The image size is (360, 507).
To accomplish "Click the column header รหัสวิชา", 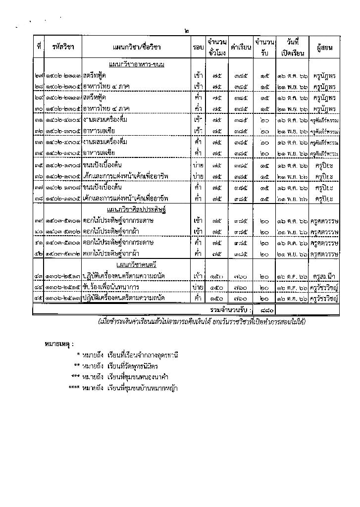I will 63,47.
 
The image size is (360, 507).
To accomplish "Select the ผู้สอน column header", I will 324,47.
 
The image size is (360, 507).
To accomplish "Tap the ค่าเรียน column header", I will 241,47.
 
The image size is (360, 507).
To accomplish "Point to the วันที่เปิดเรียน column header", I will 293,47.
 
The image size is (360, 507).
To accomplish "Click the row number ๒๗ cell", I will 39,76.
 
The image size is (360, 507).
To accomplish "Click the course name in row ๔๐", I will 113,231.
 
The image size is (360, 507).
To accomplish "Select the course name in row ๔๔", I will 111,287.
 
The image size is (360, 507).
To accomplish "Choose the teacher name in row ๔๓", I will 324,276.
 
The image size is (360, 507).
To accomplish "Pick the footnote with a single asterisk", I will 128,355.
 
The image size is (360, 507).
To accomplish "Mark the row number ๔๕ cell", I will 39,298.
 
